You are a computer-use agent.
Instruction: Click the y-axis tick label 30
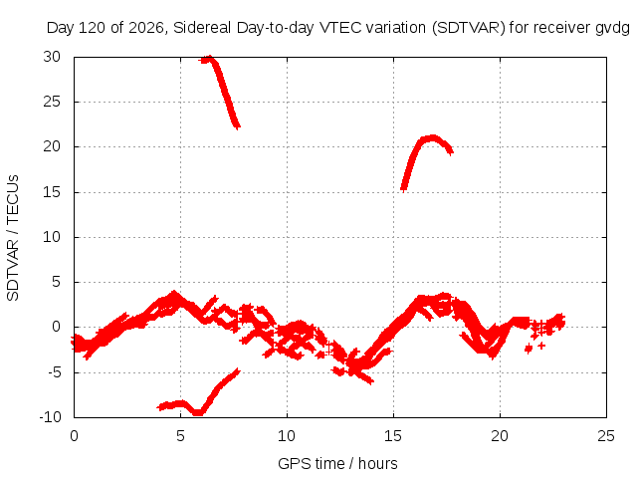point(52,57)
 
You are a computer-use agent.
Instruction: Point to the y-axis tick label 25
point(52,102)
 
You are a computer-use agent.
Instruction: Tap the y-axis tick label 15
point(52,192)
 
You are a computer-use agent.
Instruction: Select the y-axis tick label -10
point(50,416)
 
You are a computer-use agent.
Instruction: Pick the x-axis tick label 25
point(606,436)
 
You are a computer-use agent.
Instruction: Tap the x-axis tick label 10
point(287,436)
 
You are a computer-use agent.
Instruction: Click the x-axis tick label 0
point(74,436)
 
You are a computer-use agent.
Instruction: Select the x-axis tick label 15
point(393,436)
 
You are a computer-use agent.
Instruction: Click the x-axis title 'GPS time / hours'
point(337,463)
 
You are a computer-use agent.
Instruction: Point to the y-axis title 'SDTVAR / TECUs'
point(13,238)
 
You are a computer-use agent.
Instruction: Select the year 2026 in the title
point(146,28)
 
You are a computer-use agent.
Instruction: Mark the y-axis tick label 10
point(52,237)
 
